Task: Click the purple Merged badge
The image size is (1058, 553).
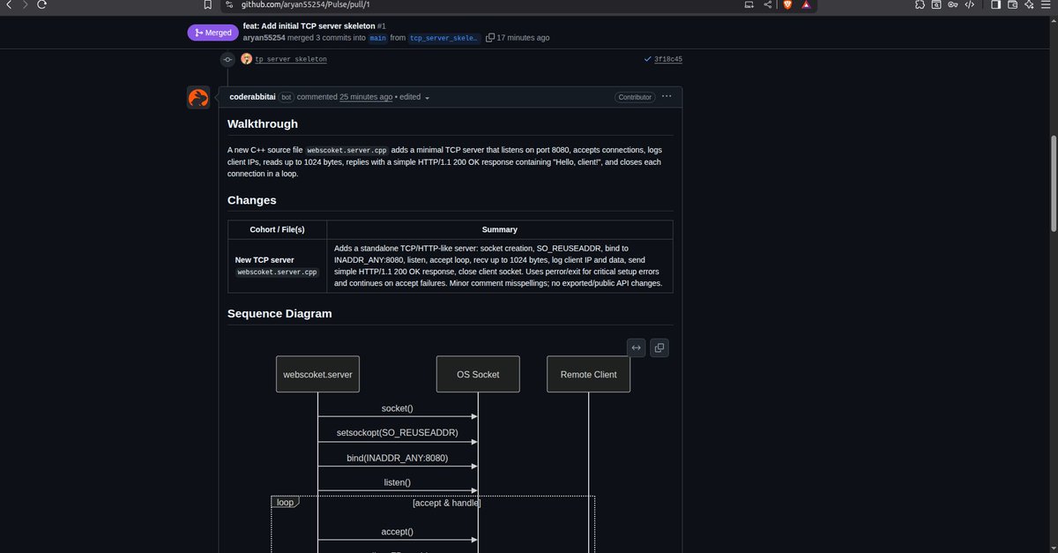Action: tap(213, 33)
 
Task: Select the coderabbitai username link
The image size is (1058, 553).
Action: tap(253, 97)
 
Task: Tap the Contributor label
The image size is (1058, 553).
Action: tap(635, 97)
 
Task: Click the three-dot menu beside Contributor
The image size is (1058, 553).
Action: tap(667, 96)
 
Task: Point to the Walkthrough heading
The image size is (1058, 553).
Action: tap(263, 124)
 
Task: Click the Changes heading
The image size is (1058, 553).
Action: tap(252, 200)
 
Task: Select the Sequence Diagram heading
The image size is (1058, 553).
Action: tap(279, 314)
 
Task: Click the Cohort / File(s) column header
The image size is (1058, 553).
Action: tap(277, 229)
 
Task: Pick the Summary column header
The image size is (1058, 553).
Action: tap(499, 229)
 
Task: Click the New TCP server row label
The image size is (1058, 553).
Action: tap(264, 260)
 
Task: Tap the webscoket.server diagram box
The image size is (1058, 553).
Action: tap(317, 374)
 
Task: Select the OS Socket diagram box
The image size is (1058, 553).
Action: tap(478, 374)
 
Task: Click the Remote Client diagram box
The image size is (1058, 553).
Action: tap(588, 374)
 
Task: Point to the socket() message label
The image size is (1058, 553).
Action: tap(397, 409)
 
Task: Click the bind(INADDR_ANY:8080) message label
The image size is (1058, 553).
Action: tap(397, 459)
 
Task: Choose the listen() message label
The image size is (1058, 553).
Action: tap(397, 482)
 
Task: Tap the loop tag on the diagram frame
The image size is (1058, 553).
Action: tap(285, 503)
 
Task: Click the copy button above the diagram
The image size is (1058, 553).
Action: tap(659, 347)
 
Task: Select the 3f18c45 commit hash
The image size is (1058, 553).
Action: tap(667, 60)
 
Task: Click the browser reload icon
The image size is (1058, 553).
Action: tap(41, 5)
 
